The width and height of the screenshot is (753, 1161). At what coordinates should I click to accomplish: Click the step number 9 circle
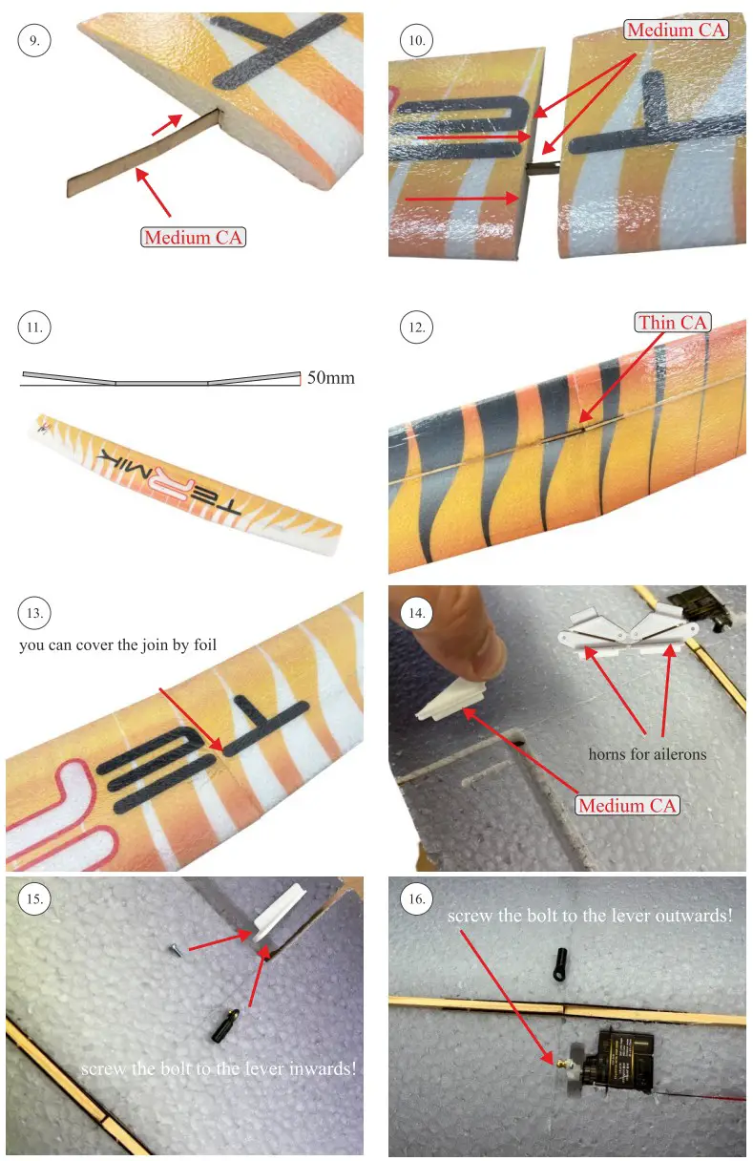point(33,40)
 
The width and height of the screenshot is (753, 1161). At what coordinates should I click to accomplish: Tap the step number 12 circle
point(416,327)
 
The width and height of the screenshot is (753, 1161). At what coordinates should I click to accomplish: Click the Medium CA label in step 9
point(193,237)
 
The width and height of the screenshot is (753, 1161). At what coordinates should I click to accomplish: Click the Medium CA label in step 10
point(676,30)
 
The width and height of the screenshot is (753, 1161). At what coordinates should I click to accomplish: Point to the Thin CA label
point(673,322)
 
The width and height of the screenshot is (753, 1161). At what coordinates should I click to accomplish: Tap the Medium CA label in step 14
point(627,805)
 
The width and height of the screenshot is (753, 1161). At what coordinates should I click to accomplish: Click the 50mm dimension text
point(330,378)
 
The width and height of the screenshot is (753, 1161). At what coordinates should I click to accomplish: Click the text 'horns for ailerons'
point(647,754)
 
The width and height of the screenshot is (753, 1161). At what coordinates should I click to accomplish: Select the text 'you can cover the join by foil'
point(118,645)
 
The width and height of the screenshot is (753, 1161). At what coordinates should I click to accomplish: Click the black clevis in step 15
point(225,1025)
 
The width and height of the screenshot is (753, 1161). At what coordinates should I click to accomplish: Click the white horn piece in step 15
point(279,914)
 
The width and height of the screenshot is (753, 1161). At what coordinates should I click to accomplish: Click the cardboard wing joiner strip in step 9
point(143,156)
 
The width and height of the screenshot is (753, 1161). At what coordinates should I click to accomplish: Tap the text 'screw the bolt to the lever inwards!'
point(219,1068)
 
